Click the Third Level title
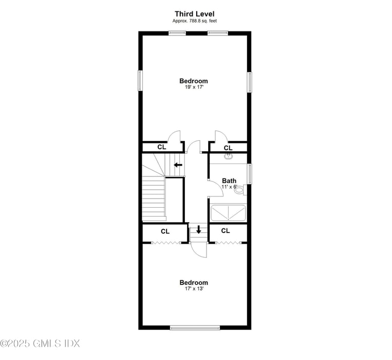point(194,14)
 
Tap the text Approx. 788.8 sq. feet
point(194,21)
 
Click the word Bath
point(229,181)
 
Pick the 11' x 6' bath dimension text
point(229,187)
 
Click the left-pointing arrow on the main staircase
point(178,165)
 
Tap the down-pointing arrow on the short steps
point(199,229)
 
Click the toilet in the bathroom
point(239,189)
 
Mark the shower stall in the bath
point(228,212)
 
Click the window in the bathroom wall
point(249,174)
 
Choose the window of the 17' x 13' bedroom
point(195,327)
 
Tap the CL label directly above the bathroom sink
point(228,148)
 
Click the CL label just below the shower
point(225,231)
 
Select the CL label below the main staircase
point(165,231)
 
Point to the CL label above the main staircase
point(162,147)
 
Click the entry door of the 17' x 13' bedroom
point(199,250)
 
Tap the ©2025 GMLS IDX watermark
point(40,343)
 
